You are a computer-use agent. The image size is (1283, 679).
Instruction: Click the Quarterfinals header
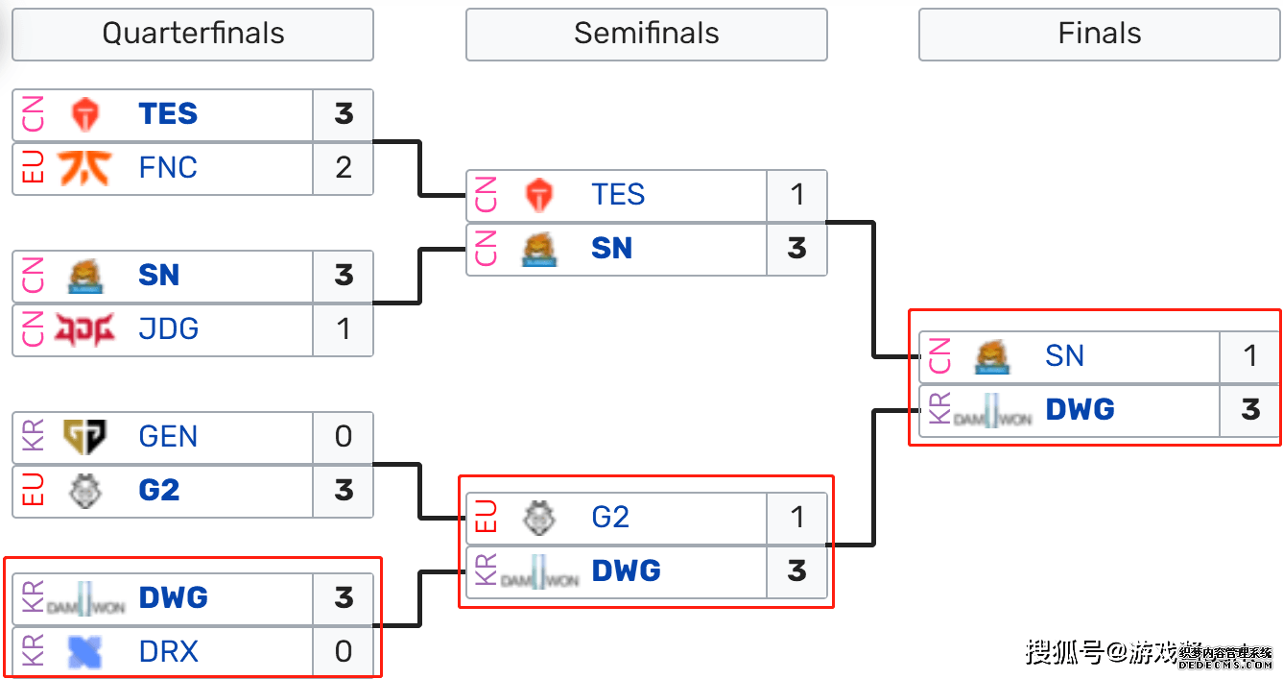pos(193,34)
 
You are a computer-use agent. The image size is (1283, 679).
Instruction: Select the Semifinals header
pos(646,34)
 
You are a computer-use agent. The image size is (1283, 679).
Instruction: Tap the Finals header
pos(1099,34)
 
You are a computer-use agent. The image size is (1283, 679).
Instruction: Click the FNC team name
pos(168,168)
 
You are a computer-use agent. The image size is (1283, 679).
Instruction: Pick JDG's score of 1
pos(344,329)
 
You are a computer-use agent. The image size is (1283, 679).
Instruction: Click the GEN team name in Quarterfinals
pos(168,437)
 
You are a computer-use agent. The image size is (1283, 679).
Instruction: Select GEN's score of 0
pos(344,437)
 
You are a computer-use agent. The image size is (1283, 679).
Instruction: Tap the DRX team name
pos(168,652)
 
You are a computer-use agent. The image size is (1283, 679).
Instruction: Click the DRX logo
pos(85,652)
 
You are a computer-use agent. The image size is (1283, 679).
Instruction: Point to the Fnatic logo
pos(85,168)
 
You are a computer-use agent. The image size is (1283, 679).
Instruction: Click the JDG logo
pos(85,329)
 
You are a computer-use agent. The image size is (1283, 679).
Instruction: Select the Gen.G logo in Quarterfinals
pos(85,437)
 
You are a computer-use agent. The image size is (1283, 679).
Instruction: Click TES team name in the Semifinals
pos(618,195)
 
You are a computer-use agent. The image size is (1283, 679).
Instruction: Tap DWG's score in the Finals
pos(1249,410)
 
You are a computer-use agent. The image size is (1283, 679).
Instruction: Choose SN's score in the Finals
pos(1249,356)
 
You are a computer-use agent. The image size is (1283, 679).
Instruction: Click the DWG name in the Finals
pos(1080,410)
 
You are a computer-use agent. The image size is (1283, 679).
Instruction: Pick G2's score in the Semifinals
pos(796,518)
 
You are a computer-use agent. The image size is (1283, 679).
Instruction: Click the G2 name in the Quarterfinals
pos(159,491)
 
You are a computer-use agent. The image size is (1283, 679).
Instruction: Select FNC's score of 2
pos(344,168)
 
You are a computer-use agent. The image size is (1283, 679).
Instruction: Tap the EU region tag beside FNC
pos(33,168)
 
